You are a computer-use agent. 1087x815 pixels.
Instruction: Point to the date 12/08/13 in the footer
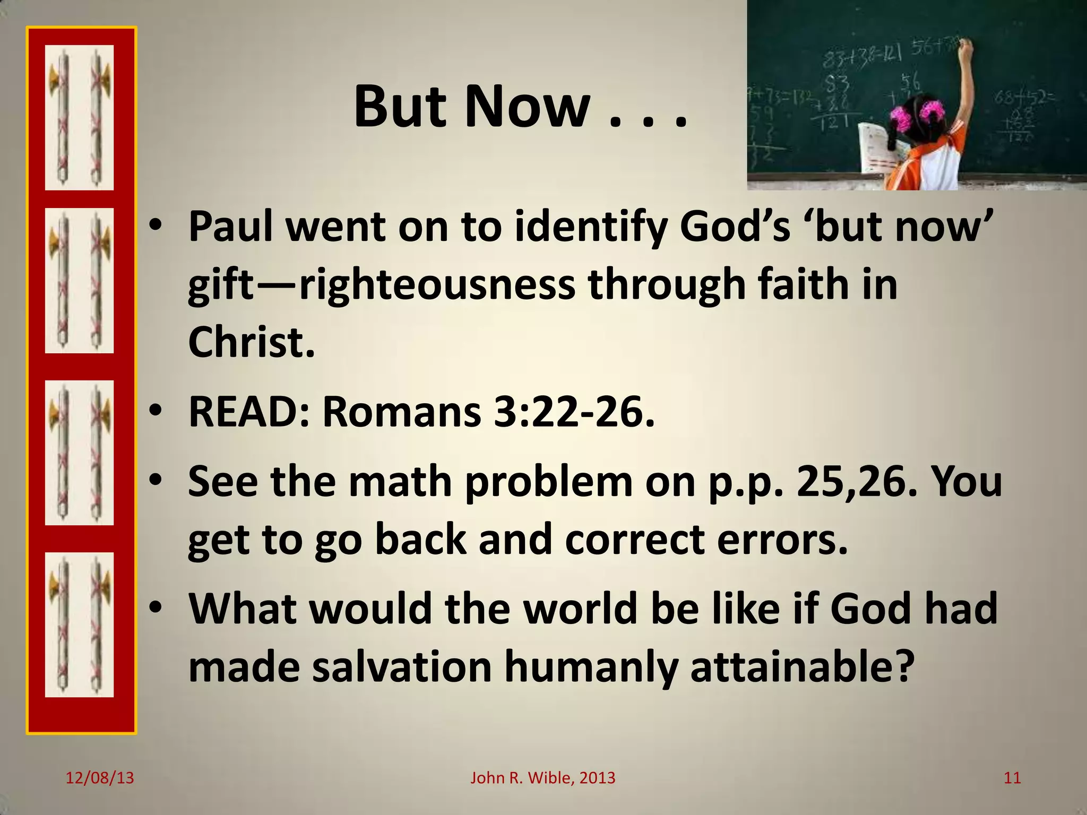click(100, 778)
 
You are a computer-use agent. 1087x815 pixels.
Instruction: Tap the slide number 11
click(1012, 778)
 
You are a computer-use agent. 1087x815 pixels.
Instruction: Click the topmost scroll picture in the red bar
click(79, 117)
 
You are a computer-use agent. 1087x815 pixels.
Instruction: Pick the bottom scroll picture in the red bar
click(79, 625)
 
